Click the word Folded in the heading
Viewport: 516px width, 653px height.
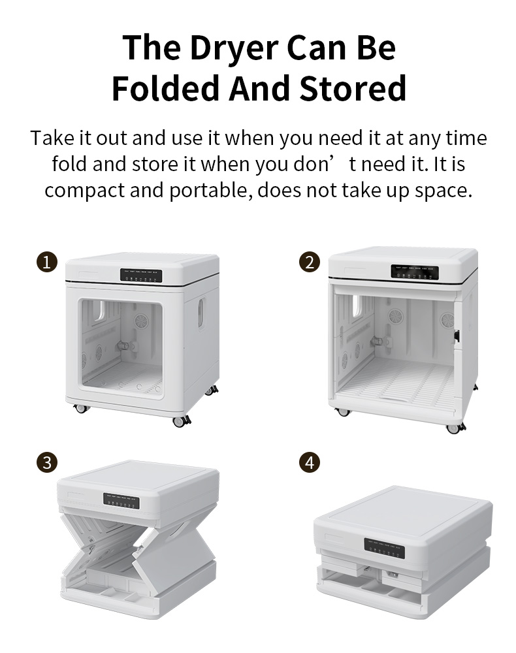[x=165, y=88]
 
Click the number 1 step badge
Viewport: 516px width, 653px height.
[x=46, y=262]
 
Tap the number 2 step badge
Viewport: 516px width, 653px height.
[x=310, y=262]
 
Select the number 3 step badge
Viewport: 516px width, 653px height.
[x=46, y=462]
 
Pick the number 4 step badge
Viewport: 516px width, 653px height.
[x=310, y=462]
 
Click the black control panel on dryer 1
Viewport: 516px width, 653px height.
[x=141, y=276]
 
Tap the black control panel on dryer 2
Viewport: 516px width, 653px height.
[x=414, y=272]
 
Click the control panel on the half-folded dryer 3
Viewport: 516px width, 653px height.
[x=121, y=501]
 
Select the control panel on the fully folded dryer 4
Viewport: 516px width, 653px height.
[x=385, y=548]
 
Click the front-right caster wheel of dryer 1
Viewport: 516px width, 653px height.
[x=181, y=421]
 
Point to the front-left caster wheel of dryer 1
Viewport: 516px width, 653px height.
[x=81, y=408]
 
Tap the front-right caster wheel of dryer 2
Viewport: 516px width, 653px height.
[x=455, y=428]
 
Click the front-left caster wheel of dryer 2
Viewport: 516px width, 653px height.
[x=343, y=412]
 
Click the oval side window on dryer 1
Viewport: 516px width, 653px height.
[x=201, y=313]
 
